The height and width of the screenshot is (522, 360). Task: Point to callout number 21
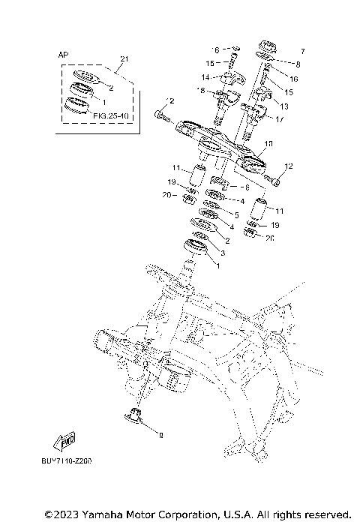tap(124, 58)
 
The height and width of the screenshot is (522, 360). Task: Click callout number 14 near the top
tap(204, 77)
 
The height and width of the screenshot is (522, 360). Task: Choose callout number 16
tap(293, 78)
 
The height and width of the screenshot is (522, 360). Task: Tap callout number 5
tap(236, 214)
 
